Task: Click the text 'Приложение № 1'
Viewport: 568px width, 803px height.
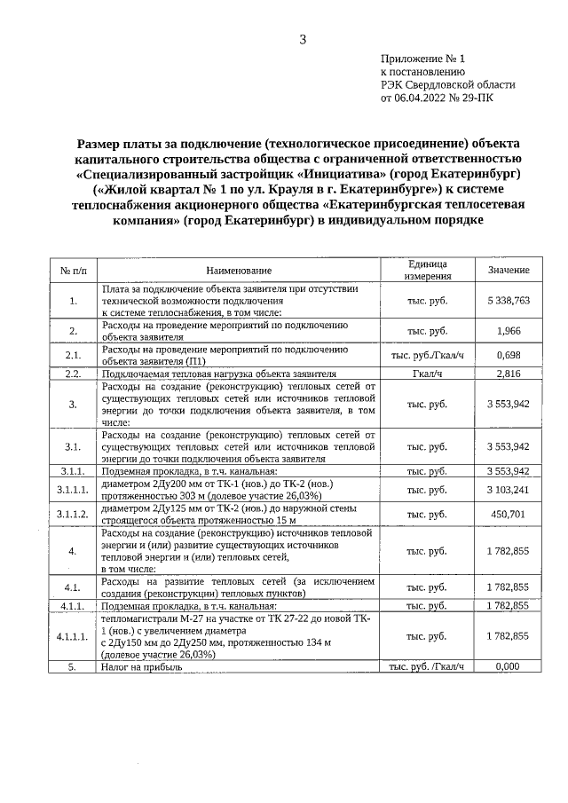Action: (x=422, y=59)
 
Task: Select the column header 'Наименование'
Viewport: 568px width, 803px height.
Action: (x=239, y=270)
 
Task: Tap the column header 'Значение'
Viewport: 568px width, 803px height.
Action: (x=509, y=270)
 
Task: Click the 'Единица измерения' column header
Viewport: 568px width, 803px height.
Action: (x=427, y=270)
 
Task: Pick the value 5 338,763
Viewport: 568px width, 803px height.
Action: (x=509, y=301)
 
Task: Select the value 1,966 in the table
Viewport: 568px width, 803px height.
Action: (x=509, y=331)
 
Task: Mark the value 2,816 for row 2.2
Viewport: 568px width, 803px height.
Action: (x=509, y=374)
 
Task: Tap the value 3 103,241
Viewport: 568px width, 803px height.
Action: (x=509, y=489)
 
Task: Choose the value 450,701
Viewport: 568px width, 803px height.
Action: (x=509, y=514)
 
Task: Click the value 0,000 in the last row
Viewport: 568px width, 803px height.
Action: (x=509, y=665)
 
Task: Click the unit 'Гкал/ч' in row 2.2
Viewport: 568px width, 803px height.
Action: (x=427, y=374)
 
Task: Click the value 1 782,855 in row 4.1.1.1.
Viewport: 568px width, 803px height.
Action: (x=509, y=636)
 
